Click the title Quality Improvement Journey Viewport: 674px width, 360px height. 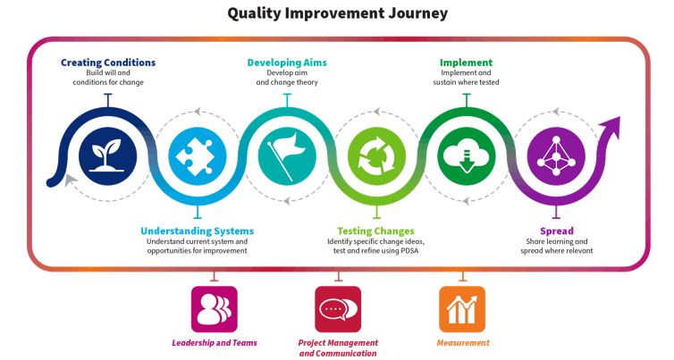coord(337,13)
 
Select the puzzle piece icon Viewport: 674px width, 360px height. coord(198,156)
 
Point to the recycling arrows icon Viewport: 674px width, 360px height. coord(376,156)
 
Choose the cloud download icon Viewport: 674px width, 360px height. coord(467,156)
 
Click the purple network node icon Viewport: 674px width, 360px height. coord(556,156)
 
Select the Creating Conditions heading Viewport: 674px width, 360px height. coord(108,63)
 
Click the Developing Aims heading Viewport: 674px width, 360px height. coord(287,63)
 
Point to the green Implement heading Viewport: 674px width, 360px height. coord(466,63)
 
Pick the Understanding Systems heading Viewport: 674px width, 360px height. coord(198,231)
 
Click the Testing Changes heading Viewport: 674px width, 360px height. coord(375,231)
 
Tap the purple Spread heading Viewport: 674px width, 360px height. coord(557,231)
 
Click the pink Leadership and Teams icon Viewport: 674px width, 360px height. coord(214,309)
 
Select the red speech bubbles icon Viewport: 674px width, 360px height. coord(338,309)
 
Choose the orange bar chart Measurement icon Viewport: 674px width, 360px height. coord(462,309)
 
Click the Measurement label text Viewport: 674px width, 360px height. coord(463,343)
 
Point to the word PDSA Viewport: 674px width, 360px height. coord(409,250)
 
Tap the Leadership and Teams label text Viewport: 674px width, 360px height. coord(215,343)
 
